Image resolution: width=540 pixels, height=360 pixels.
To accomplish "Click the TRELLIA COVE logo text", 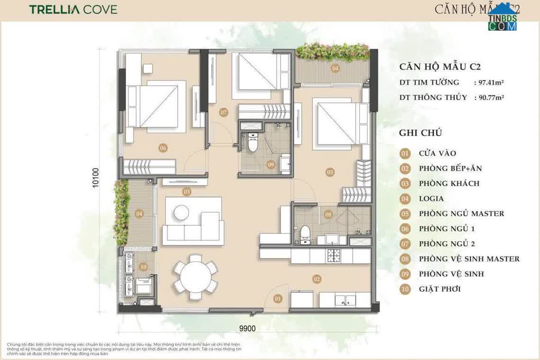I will pos(73,9).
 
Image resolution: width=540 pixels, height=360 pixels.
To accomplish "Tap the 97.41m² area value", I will pos(488,82).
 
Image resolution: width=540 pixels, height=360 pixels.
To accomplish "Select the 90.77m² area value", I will pos(488,98).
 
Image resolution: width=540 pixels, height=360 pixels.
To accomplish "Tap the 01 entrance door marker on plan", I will pos(278,298).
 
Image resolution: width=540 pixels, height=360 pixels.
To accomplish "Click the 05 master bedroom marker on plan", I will pos(330,172).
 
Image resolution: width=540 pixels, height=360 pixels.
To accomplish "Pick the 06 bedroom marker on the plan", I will pos(163,148).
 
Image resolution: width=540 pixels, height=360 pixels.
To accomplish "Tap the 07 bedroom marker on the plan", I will pos(224,112).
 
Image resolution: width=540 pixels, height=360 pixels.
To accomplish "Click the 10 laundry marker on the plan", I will pos(143,267).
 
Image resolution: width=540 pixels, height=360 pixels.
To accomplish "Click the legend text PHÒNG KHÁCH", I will pos(449,183).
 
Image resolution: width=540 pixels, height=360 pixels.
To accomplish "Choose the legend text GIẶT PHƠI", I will pos(440,289).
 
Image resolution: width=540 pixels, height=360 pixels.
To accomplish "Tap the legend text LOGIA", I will pos(431,198).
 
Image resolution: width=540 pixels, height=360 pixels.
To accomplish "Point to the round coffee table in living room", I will pos(181,212).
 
